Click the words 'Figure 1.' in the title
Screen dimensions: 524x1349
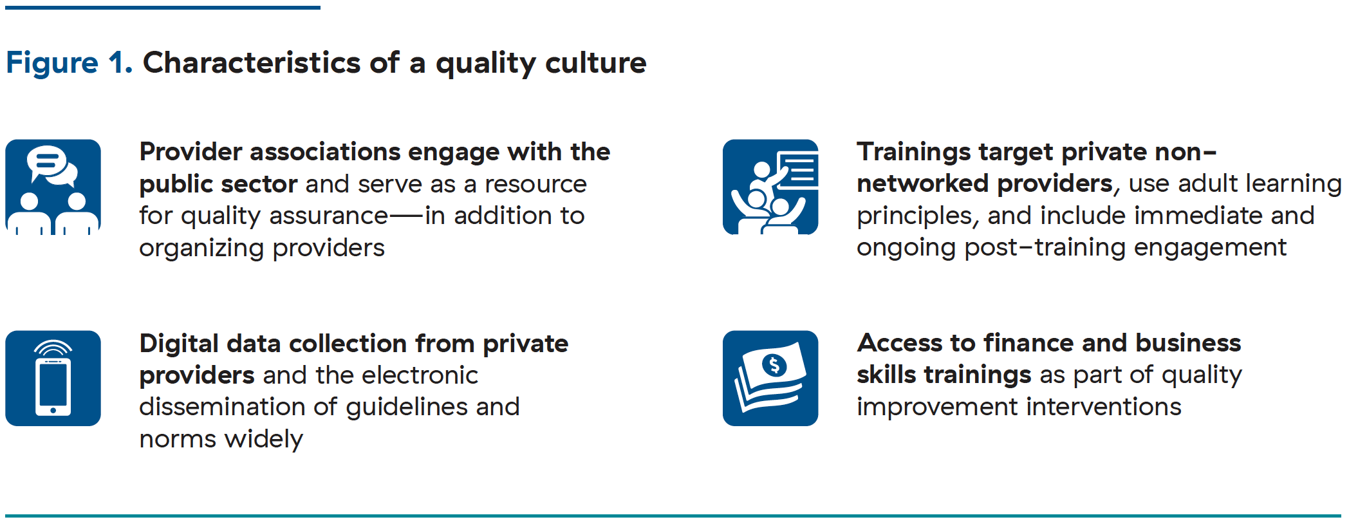click(69, 63)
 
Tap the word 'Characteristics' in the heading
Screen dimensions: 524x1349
click(251, 63)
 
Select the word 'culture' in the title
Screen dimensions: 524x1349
click(595, 63)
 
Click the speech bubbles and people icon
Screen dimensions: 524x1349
click(53, 187)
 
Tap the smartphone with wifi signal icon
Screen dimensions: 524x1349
click(53, 379)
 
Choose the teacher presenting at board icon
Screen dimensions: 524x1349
click(770, 187)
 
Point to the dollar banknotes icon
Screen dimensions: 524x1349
click(770, 379)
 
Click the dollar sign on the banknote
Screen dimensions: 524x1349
click(774, 366)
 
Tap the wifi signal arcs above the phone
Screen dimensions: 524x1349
click(53, 348)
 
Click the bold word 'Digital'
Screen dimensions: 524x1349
click(179, 344)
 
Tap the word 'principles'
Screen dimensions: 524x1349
click(914, 216)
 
